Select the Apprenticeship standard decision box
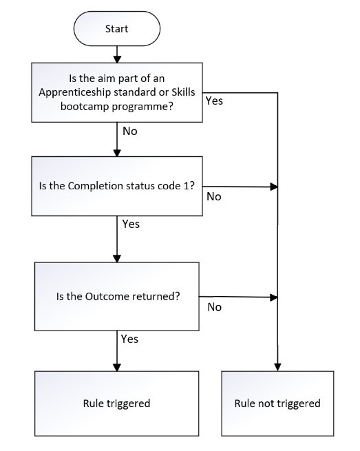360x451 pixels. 116,92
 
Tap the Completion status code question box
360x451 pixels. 116,186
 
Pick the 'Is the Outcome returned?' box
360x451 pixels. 116,296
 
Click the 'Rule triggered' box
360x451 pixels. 116,403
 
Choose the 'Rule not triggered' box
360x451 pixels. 278,403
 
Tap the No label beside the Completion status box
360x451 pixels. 214,196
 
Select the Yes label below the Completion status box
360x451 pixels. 130,224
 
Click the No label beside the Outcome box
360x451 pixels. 214,306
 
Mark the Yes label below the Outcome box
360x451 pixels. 129,339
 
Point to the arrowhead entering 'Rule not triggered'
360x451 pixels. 277,366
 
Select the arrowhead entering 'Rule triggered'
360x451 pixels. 116,366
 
